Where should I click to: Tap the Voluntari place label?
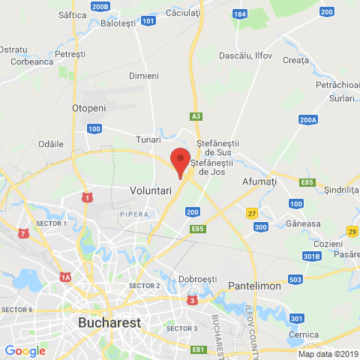click(x=151, y=191)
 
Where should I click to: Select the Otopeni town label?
click(x=88, y=109)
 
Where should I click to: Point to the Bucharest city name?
click(x=109, y=323)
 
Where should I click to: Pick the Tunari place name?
click(x=148, y=139)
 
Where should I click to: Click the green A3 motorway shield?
click(x=196, y=117)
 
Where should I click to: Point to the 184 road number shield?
click(x=239, y=14)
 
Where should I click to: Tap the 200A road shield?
click(x=307, y=119)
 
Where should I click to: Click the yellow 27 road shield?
click(x=252, y=214)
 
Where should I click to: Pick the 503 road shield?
click(x=295, y=280)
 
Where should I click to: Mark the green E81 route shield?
click(x=198, y=349)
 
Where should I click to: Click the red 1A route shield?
click(x=66, y=277)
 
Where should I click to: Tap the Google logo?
click(x=25, y=350)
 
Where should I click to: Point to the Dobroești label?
click(x=197, y=279)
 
